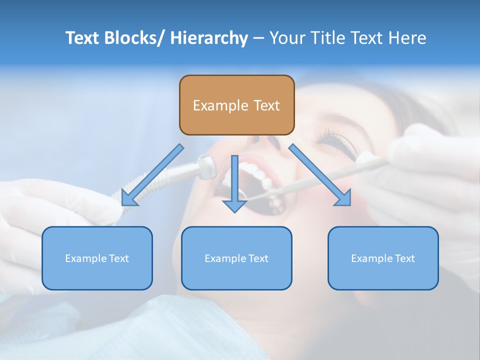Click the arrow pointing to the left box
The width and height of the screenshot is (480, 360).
150,177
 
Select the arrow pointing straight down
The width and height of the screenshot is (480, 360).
234,185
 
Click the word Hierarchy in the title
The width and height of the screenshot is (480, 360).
209,38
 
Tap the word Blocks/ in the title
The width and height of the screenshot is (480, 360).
134,38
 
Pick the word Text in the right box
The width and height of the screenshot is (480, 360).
405,258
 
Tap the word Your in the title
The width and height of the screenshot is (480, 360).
287,38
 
